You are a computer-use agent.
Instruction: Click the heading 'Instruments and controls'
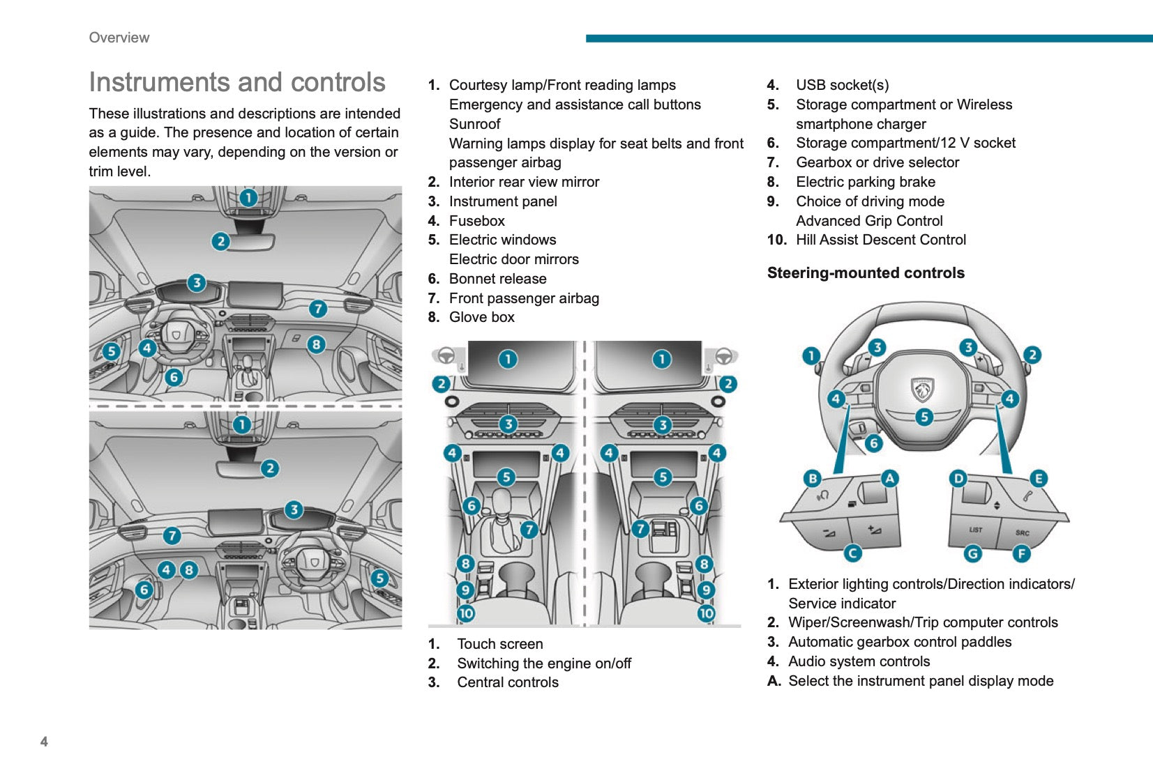click(237, 82)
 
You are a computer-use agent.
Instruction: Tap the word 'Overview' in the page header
click(119, 38)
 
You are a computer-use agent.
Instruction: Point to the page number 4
click(44, 742)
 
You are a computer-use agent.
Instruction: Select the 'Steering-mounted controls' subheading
click(866, 273)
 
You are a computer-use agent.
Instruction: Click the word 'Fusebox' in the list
click(476, 221)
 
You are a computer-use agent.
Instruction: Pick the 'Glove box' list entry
click(481, 317)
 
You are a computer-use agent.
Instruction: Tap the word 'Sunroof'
click(474, 124)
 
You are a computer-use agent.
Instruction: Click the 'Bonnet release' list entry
click(497, 279)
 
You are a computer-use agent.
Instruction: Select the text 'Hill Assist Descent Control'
click(881, 240)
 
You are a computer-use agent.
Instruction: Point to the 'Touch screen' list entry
click(499, 644)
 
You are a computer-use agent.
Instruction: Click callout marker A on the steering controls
click(889, 478)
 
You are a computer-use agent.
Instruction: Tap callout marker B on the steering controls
click(813, 478)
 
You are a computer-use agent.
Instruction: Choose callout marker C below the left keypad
click(852, 553)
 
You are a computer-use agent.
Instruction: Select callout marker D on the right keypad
click(958, 478)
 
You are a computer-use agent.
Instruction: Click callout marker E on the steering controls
click(1039, 478)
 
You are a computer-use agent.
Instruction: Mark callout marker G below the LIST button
click(972, 553)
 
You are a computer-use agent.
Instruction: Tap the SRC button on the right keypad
click(1022, 533)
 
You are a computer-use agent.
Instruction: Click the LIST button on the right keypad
click(975, 530)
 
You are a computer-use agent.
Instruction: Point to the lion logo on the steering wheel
click(923, 389)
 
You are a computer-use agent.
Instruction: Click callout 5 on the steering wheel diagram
click(924, 417)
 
